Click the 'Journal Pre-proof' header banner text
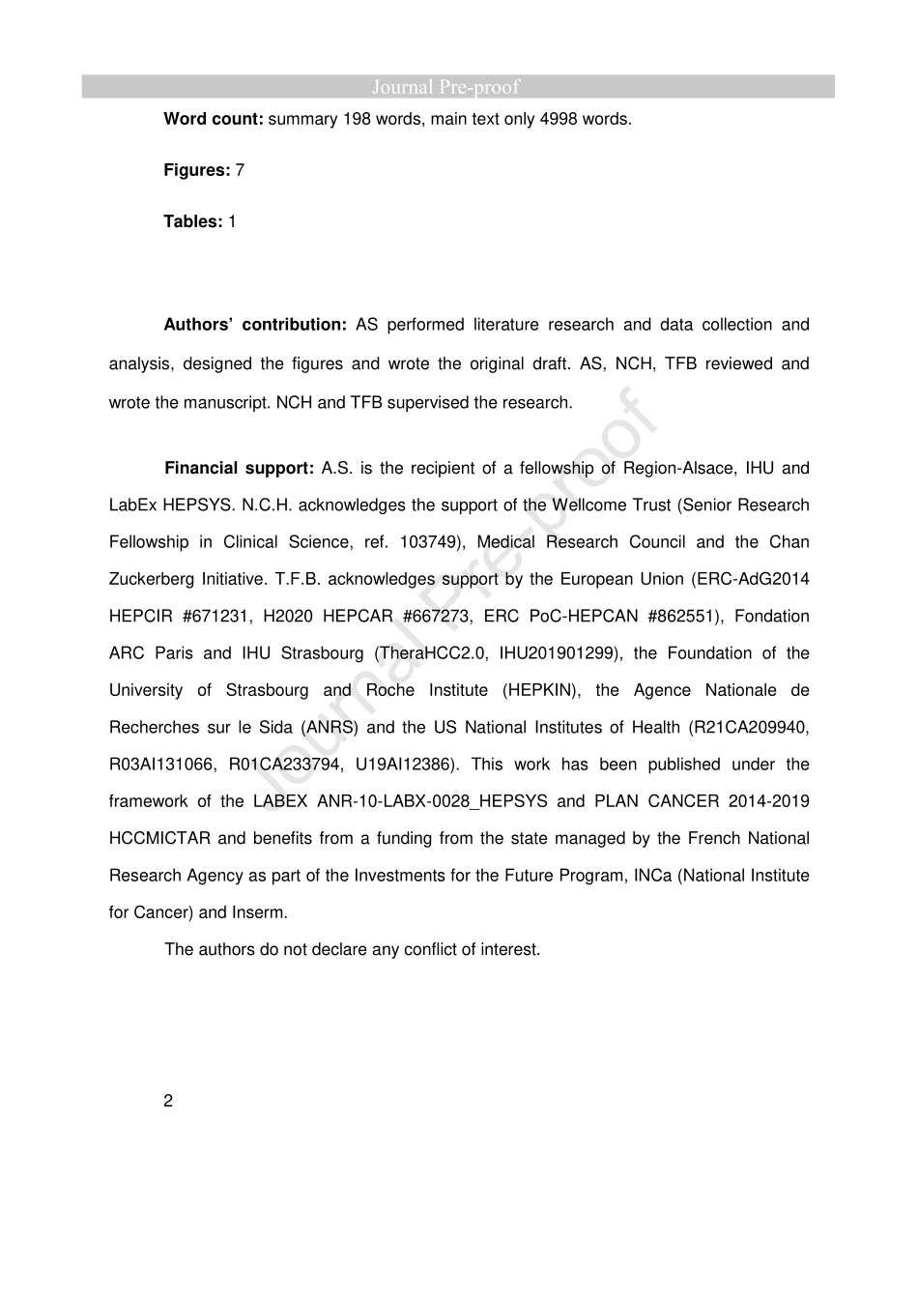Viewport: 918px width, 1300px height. [x=445, y=87]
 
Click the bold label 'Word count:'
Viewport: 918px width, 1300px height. [x=214, y=119]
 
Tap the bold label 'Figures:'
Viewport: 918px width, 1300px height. [x=197, y=170]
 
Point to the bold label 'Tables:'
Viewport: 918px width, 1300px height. [x=193, y=221]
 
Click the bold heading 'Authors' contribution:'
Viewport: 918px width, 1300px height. [x=255, y=325]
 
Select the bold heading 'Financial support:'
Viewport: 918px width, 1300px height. [x=240, y=468]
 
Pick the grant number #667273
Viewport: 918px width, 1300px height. [x=437, y=616]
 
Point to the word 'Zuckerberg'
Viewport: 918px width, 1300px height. [x=150, y=579]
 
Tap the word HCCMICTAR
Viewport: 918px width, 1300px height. [x=158, y=838]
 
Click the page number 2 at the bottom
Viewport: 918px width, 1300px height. [x=168, y=1101]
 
